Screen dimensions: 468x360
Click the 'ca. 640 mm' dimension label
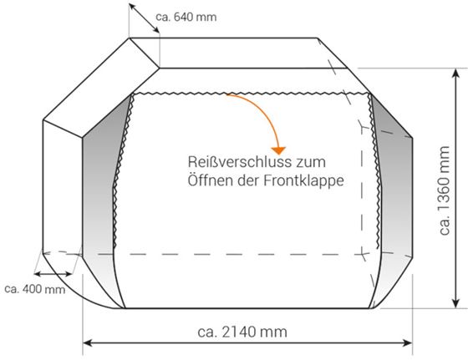coord(186,17)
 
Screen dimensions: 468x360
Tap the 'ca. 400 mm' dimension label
coord(35,289)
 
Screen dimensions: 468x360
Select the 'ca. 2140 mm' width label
coord(242,332)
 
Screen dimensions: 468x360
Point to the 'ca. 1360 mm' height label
coord(445,190)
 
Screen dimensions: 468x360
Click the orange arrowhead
coord(278,150)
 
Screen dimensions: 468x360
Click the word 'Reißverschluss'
coord(240,162)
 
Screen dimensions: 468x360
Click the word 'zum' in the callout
coord(311,163)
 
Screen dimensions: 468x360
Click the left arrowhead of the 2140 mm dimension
coord(87,342)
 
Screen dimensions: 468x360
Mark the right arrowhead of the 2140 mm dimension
coord(408,342)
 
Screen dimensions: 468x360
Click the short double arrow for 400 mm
coord(53,274)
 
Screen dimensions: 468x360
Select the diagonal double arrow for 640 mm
coord(144,18)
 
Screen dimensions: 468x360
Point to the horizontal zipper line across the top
coord(252,94)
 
